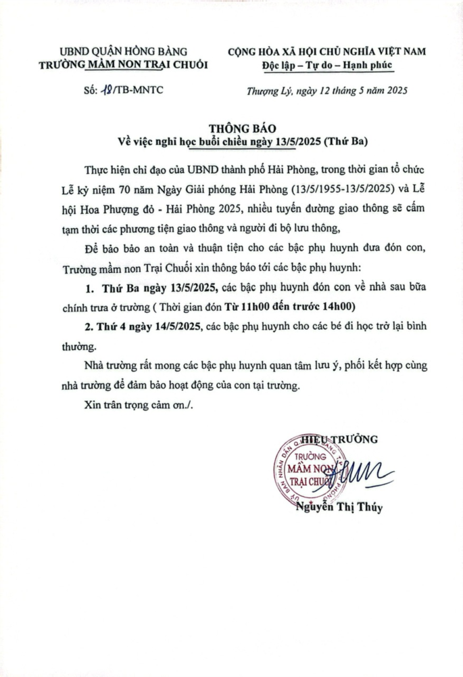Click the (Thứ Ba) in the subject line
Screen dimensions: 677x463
[345, 141]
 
